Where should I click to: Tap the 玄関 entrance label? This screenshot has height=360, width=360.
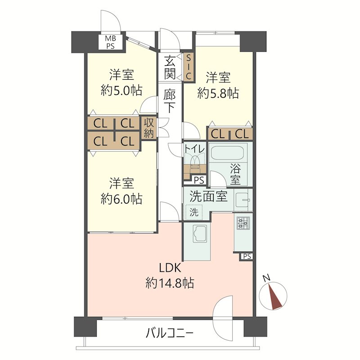point(170,67)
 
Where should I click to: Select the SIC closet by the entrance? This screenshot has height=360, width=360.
point(189,67)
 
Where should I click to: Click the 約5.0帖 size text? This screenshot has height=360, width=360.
point(121,90)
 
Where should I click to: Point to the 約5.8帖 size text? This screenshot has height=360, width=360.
point(218,93)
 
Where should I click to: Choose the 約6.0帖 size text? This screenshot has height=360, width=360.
point(121,198)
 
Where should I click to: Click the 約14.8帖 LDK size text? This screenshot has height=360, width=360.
point(170,283)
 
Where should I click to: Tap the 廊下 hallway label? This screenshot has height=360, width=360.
point(170,101)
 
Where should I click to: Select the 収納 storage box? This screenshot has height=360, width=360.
point(149,128)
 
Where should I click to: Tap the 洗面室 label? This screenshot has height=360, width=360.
point(207,197)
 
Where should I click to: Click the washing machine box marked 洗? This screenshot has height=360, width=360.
point(193,212)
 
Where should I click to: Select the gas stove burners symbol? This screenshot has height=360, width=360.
point(243,222)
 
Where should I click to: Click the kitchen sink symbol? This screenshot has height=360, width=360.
point(198,234)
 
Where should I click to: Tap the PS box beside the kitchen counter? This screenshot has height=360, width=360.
point(247,256)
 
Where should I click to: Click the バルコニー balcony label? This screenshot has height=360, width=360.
point(170,333)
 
